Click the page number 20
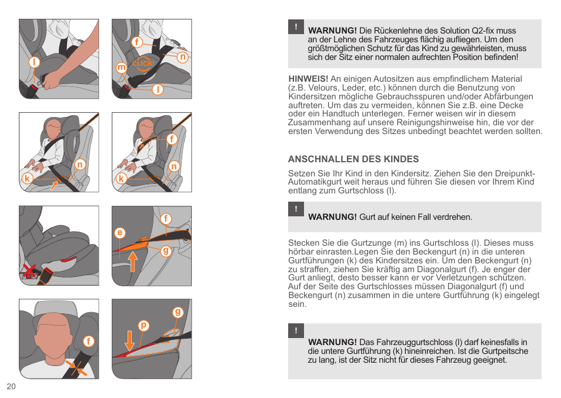tap(11, 386)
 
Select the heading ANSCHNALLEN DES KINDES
tap(353, 159)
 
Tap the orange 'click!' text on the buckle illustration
tap(143, 63)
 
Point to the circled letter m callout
tap(122, 68)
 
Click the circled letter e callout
tap(120, 233)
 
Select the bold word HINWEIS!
tap(308, 79)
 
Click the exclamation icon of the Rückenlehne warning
tap(296, 27)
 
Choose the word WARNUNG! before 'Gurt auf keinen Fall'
tap(332, 217)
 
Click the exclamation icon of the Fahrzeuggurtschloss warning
tap(296, 331)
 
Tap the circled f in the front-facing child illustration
tap(89, 341)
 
